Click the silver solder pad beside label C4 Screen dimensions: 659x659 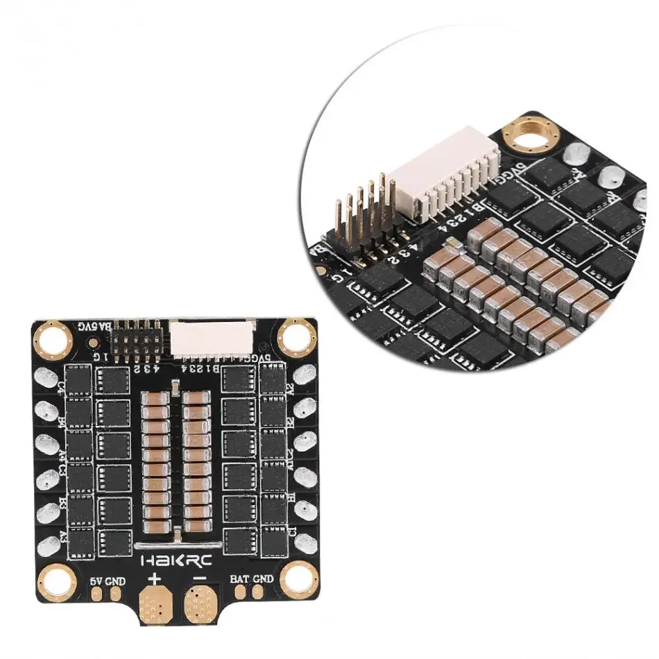[46, 379]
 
